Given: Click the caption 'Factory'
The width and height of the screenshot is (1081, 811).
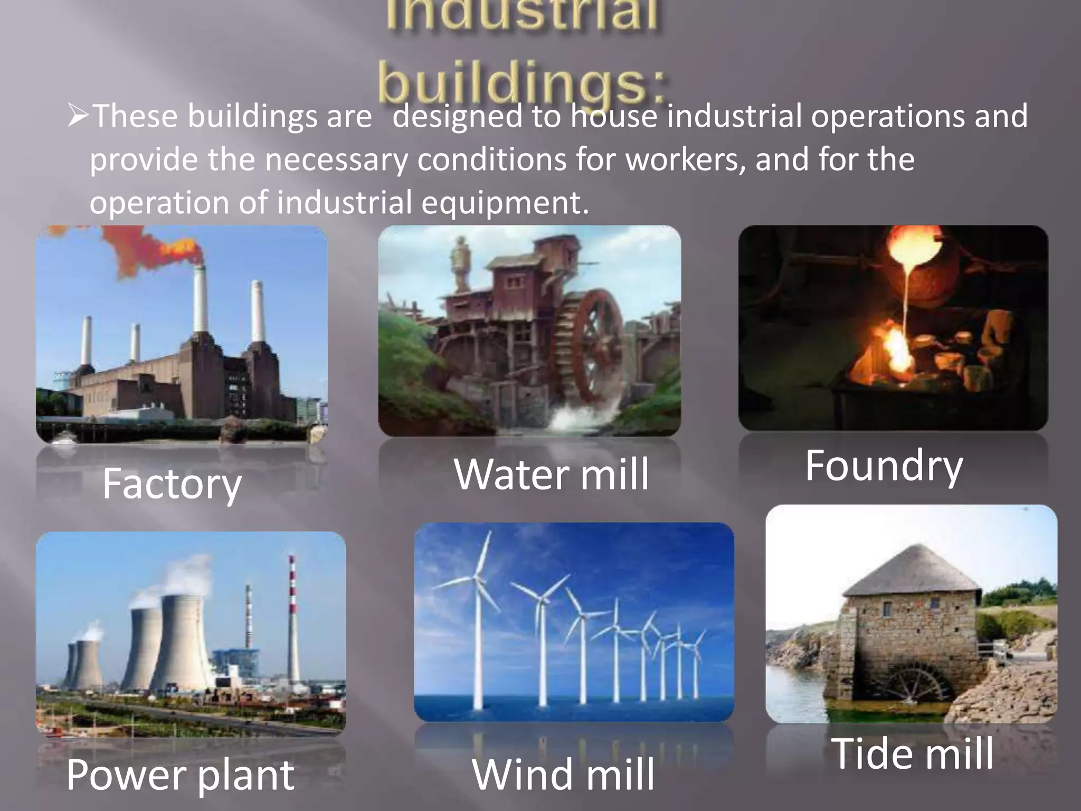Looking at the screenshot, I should click(x=172, y=485).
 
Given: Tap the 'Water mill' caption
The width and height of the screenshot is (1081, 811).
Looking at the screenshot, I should click(x=551, y=474).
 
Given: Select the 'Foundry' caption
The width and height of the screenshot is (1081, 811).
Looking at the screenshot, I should click(x=884, y=466).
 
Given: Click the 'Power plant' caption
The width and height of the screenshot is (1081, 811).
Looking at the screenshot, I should click(x=180, y=775).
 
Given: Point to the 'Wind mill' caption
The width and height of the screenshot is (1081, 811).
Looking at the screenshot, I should click(x=563, y=775).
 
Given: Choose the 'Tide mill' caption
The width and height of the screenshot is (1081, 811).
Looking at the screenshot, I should click(x=912, y=753).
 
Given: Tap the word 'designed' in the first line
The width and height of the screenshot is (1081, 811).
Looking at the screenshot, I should click(x=458, y=116).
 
